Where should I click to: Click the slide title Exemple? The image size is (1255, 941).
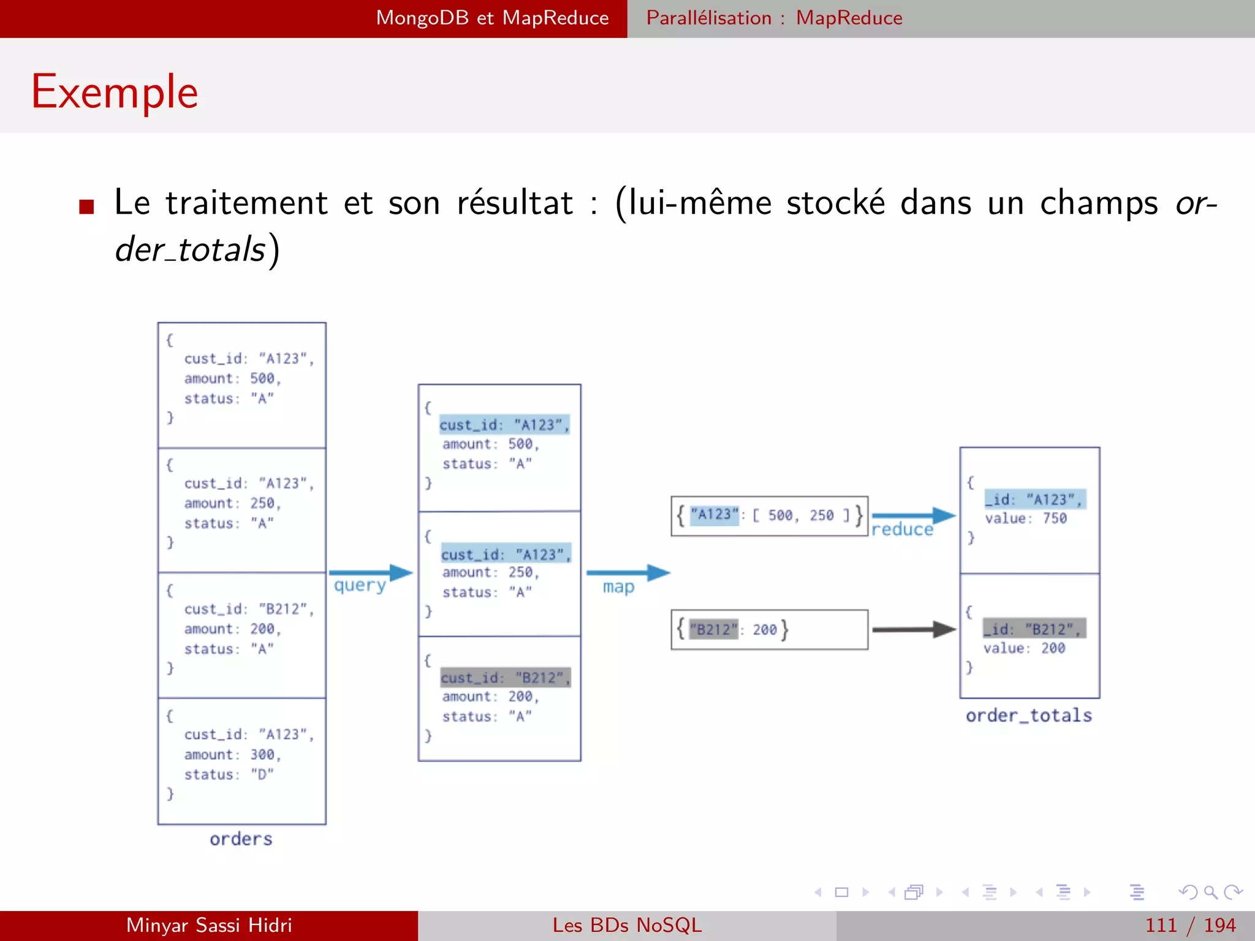click(115, 92)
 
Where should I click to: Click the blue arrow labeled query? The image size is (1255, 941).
click(370, 573)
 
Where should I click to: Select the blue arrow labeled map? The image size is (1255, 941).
click(627, 573)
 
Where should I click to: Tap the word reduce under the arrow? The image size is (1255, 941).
click(902, 529)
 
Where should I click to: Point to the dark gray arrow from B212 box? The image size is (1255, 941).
click(913, 629)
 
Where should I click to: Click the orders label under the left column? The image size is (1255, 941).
click(241, 839)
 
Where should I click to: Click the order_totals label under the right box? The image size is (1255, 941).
click(1029, 716)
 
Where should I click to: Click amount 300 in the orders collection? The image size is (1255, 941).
click(232, 754)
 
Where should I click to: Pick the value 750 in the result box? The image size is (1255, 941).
click(1054, 518)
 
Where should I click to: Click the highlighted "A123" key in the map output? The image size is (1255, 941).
click(714, 515)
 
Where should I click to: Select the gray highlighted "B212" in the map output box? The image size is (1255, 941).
click(713, 630)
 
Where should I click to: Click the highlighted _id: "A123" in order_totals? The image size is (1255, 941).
click(1034, 499)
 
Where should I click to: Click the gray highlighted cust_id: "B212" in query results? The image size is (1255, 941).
click(506, 678)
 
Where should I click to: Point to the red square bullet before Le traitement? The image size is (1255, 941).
click(86, 206)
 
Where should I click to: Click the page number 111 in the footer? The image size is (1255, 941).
click(1161, 925)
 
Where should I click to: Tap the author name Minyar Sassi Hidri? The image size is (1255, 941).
click(209, 925)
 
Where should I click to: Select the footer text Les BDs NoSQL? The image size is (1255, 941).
click(627, 925)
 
